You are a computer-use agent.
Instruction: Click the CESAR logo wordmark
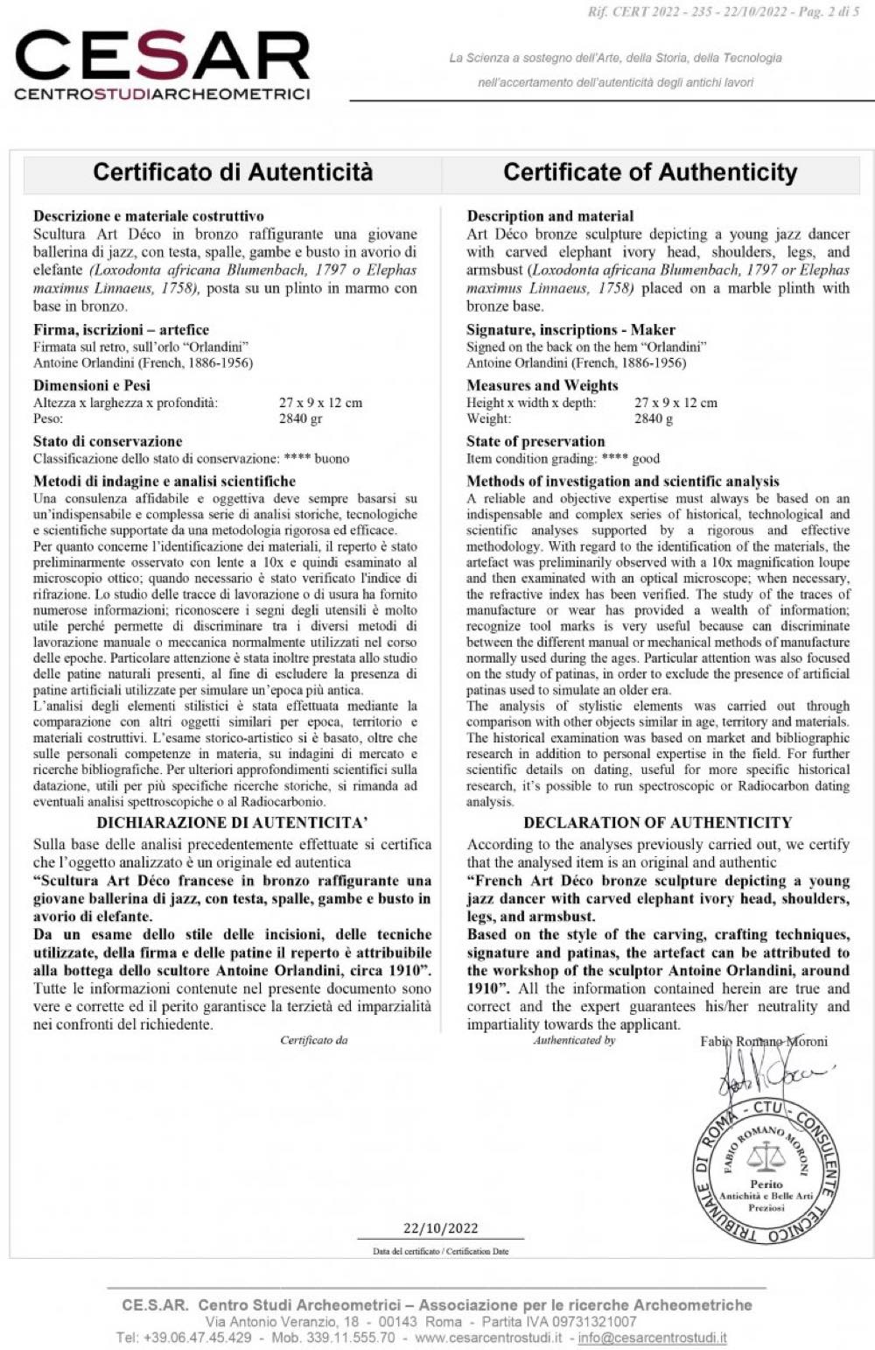pyautogui.click(x=163, y=57)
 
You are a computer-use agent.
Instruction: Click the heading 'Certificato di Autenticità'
pyautogui.click(x=233, y=172)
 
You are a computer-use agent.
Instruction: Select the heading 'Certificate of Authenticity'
pyautogui.click(x=650, y=172)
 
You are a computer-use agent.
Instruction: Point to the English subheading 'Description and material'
pyautogui.click(x=549, y=215)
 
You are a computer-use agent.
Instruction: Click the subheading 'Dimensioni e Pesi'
pyautogui.click(x=92, y=385)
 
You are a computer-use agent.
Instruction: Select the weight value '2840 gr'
pyautogui.click(x=301, y=418)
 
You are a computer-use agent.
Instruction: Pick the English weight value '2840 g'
pyautogui.click(x=654, y=418)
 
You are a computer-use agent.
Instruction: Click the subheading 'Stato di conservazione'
pyautogui.click(x=108, y=441)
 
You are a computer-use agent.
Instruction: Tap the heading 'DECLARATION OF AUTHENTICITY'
pyautogui.click(x=657, y=822)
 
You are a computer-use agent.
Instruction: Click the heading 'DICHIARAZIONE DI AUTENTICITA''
pyautogui.click(x=232, y=822)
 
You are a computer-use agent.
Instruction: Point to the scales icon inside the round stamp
pyautogui.click(x=767, y=1158)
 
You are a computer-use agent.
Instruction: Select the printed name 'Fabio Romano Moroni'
pyautogui.click(x=764, y=1041)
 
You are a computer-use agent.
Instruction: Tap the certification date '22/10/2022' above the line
pyautogui.click(x=440, y=1227)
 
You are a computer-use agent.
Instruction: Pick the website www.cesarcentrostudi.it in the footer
pyautogui.click(x=488, y=1338)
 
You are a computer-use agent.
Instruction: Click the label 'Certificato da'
pyautogui.click(x=314, y=1040)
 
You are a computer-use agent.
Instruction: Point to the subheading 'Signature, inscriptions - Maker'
pyautogui.click(x=570, y=329)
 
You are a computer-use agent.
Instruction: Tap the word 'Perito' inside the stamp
pyautogui.click(x=766, y=1184)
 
